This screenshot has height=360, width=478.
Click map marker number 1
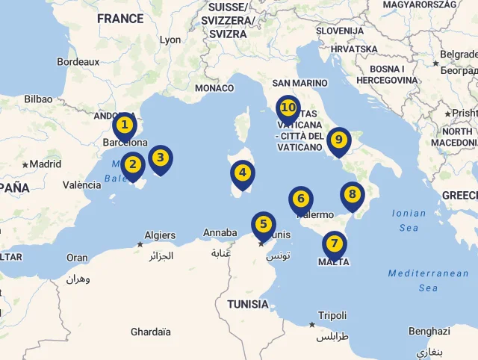click(125, 125)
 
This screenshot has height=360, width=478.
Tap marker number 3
click(160, 158)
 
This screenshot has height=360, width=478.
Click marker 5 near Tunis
click(263, 224)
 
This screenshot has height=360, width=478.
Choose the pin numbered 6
click(300, 199)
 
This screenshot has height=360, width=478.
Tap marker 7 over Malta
click(334, 244)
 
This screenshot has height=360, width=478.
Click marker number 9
click(338, 140)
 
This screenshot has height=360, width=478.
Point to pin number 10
click(288, 108)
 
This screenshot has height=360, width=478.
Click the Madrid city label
click(45, 164)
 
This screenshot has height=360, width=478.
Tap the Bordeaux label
click(78, 62)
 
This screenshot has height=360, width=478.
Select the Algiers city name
click(159, 235)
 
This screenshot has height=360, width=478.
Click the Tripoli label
click(332, 316)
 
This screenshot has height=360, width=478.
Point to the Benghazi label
click(429, 331)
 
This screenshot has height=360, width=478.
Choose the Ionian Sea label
click(409, 220)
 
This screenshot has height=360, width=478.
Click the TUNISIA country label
click(248, 304)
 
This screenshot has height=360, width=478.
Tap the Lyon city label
click(170, 40)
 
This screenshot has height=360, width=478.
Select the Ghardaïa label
click(150, 332)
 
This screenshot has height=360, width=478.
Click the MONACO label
click(214, 88)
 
